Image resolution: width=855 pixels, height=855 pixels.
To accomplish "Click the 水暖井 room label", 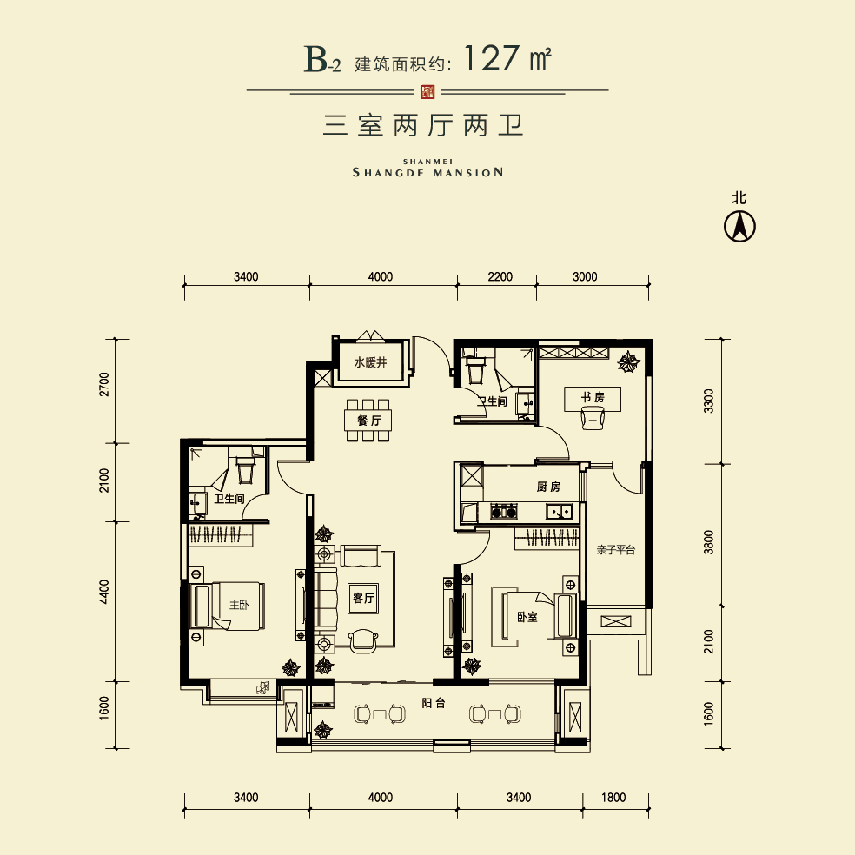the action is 370,362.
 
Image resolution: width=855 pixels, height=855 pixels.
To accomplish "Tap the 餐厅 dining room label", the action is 369,421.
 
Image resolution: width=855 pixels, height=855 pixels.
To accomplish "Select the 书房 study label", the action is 593,397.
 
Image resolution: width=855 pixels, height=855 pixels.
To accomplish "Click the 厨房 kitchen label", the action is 548,487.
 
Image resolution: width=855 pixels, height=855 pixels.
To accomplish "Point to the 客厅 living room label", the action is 364,598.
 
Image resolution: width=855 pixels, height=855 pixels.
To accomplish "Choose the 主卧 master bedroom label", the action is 239,605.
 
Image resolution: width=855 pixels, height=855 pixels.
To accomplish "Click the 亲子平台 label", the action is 616,550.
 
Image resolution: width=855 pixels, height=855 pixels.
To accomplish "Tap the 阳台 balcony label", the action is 434,703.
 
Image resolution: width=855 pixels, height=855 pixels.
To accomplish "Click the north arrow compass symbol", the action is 739,226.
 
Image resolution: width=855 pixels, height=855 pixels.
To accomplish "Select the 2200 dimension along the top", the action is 500,277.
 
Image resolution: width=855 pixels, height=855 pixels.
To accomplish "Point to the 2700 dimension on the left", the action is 104,384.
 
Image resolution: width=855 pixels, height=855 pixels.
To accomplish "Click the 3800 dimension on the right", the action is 708,542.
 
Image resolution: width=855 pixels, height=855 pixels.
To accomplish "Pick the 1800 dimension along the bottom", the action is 613,798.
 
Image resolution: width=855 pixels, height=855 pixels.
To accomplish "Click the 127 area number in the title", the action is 492,58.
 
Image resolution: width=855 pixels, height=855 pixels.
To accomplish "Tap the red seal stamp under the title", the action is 428,91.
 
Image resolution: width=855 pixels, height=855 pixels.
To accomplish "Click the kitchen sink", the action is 560,512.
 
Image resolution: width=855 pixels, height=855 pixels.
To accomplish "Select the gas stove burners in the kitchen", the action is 503,512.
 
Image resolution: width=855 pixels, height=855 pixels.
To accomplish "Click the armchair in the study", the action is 593,419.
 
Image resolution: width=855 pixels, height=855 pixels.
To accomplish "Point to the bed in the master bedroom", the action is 228,606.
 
